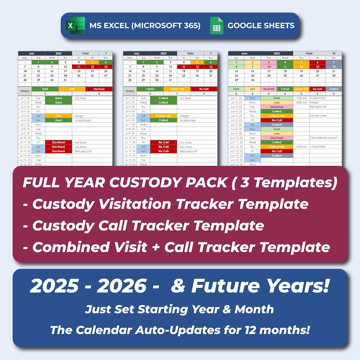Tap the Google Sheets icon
tap(217, 26)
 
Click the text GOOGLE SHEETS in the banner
tap(261, 25)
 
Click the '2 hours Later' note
tap(319, 116)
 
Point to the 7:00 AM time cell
tap(301, 98)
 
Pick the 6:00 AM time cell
tap(301, 147)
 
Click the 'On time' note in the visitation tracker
tap(81, 98)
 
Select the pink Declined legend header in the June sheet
tap(268, 89)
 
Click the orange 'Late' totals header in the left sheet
tap(72, 89)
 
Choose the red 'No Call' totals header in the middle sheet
tap(191, 89)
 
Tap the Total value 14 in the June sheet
tap(334, 54)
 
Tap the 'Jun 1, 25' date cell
tap(236, 98)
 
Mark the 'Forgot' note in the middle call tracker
tap(184, 116)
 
